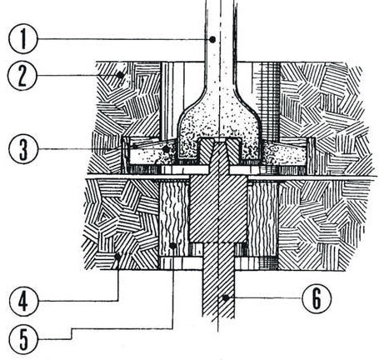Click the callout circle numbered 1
(22, 39)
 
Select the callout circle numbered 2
(22, 76)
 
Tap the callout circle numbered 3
(23, 149)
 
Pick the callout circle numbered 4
(23, 301)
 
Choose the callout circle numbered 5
(23, 339)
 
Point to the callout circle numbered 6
(317, 298)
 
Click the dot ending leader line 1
(212, 40)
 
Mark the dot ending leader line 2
(120, 75)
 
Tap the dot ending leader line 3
(166, 149)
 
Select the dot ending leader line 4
(117, 257)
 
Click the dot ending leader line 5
(172, 246)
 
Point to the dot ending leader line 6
(226, 298)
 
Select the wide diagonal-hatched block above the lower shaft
(218, 209)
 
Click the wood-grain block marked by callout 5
(173, 218)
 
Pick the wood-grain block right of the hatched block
(262, 218)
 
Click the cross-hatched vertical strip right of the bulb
(269, 100)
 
